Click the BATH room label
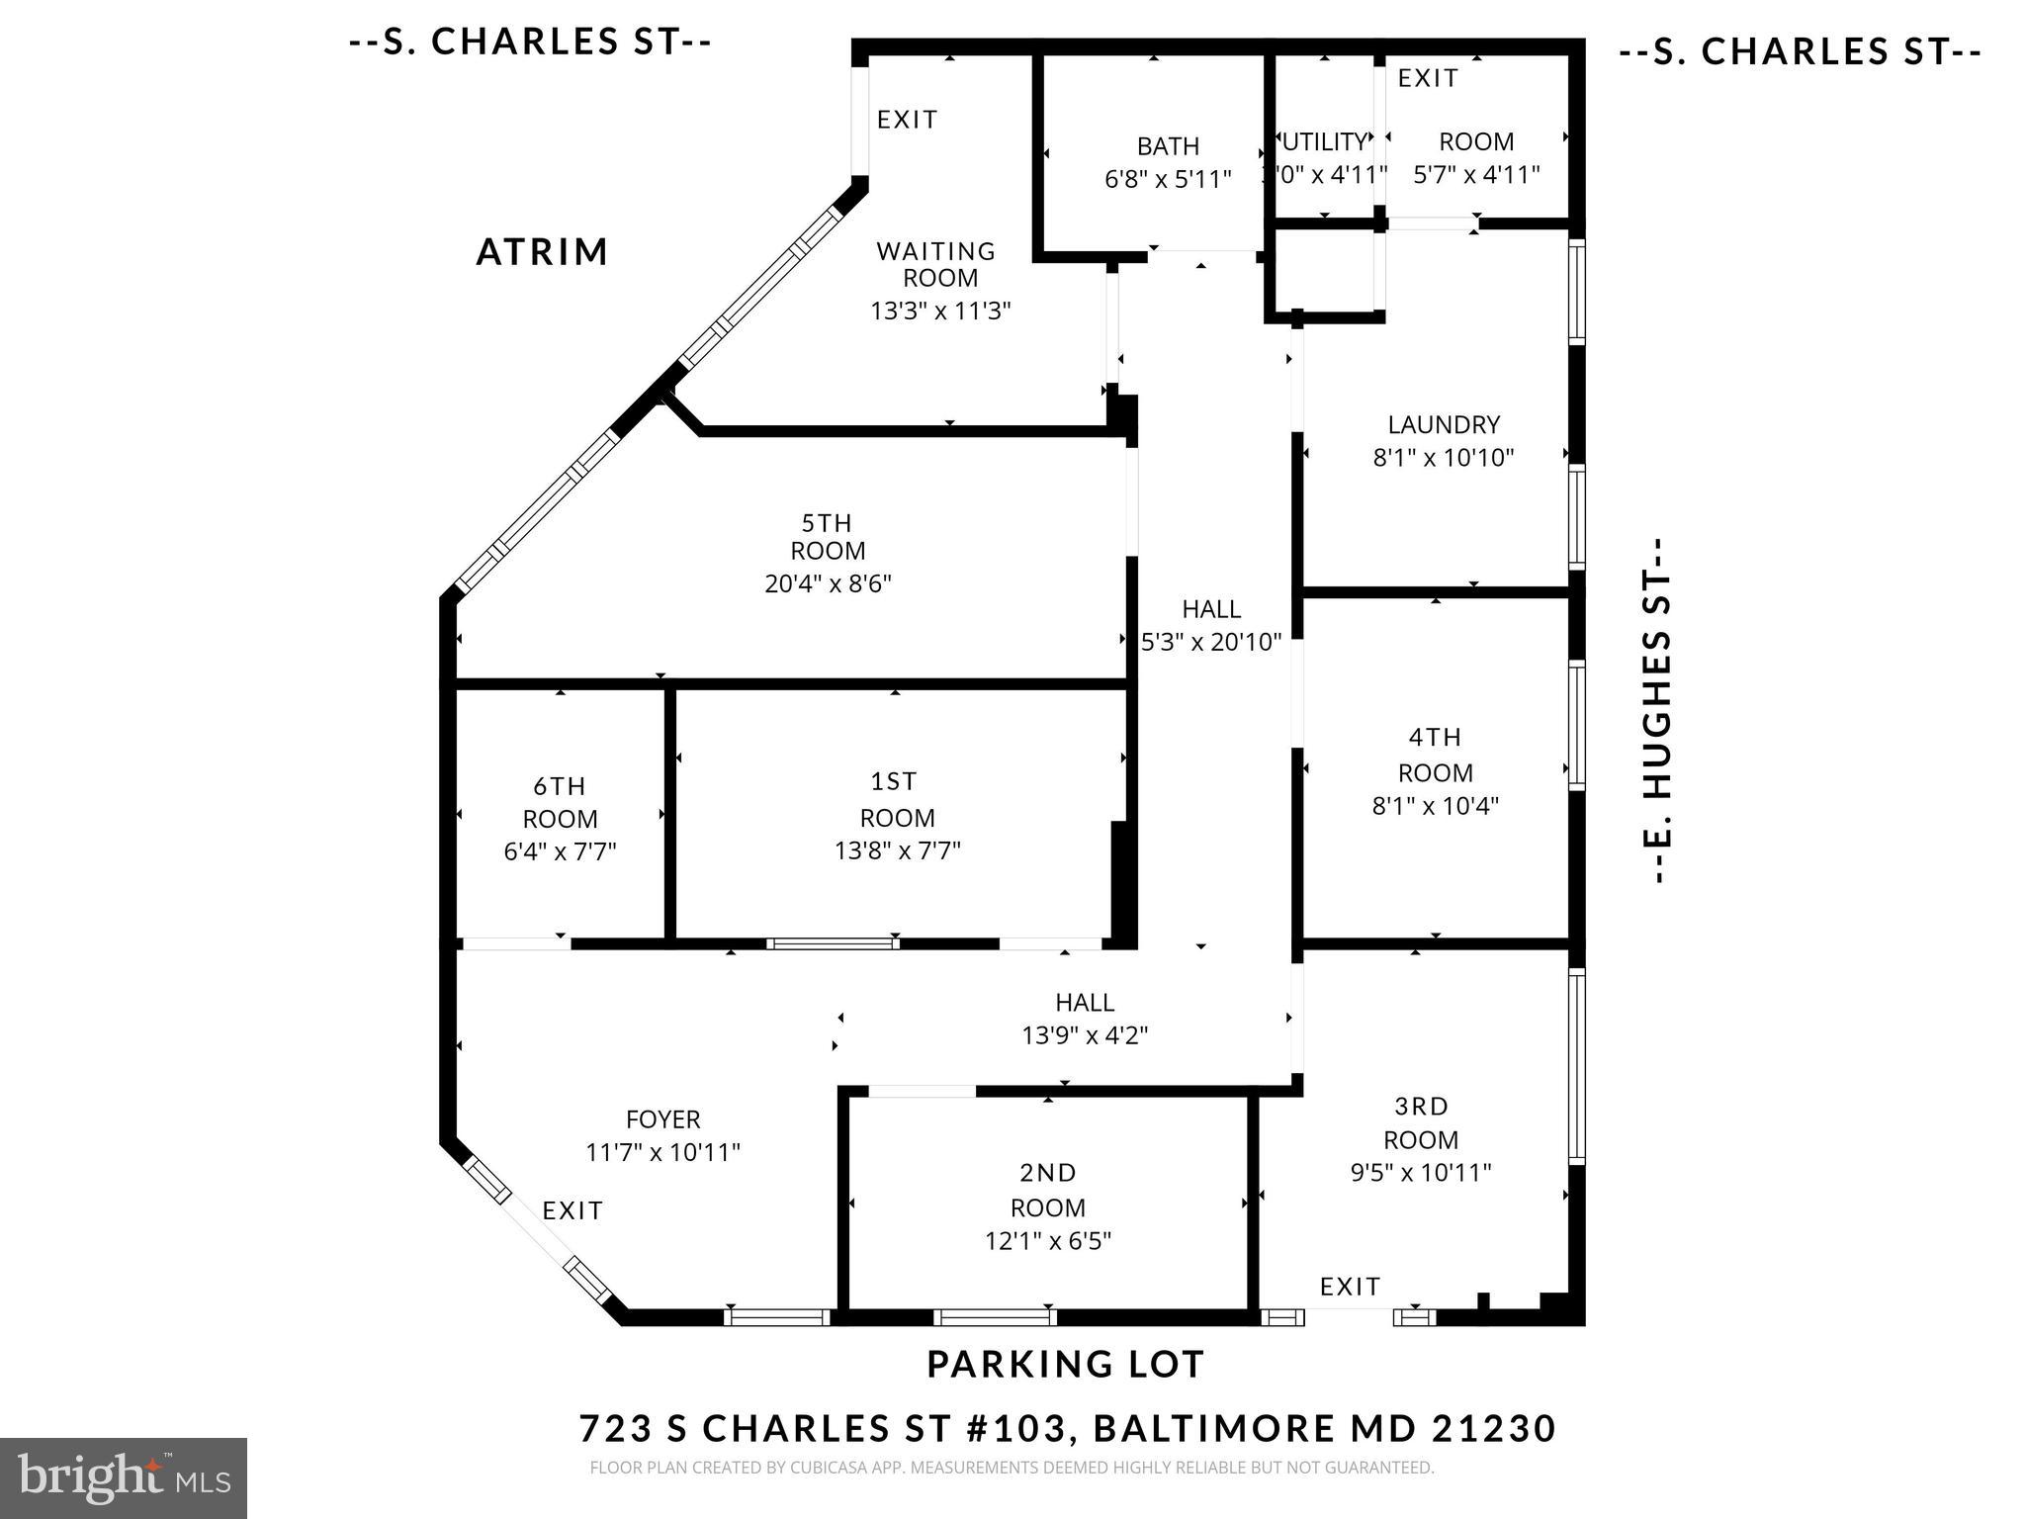(1168, 146)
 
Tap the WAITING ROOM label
(936, 264)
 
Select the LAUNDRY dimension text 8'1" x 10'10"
(1444, 458)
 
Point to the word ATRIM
(542, 252)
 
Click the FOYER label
(662, 1119)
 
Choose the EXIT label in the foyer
(572, 1210)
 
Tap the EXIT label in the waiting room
(907, 120)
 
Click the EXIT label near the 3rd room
(1350, 1287)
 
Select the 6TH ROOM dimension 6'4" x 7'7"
(560, 851)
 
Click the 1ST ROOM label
(896, 799)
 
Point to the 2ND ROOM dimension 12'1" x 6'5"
(1048, 1241)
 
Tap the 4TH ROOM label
(1435, 755)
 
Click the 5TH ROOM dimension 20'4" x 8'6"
(828, 583)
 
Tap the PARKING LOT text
(1065, 1365)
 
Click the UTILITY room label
(1324, 141)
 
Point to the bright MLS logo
(124, 1478)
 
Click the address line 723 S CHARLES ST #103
(1067, 1429)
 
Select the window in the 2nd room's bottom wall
(995, 1316)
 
